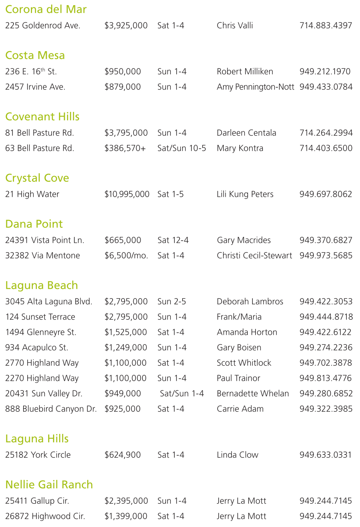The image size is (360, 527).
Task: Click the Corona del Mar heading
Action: point(46,9)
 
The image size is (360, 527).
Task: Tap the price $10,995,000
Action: point(127,194)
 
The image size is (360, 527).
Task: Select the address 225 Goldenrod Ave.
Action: point(43,26)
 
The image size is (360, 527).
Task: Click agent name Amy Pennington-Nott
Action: point(255,87)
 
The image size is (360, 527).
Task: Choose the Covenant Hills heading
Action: point(42,117)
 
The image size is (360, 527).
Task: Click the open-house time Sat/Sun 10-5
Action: point(181,148)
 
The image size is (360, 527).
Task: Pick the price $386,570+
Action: point(125,148)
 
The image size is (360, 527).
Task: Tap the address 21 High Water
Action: point(32,194)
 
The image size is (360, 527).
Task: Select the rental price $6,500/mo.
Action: point(126,256)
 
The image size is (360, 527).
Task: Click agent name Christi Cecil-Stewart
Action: point(254,256)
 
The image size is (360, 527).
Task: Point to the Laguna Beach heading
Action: point(42,286)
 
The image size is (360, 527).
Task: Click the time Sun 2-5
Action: point(172,302)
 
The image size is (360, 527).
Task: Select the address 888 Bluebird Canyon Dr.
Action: point(51,409)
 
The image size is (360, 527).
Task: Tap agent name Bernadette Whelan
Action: point(253,394)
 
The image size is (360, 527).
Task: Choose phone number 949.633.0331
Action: point(325,455)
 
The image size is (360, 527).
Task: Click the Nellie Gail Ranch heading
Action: point(49,485)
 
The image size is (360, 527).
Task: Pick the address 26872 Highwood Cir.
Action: point(45,516)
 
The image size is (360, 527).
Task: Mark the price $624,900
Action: point(123,455)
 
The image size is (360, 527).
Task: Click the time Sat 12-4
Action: point(173,240)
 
